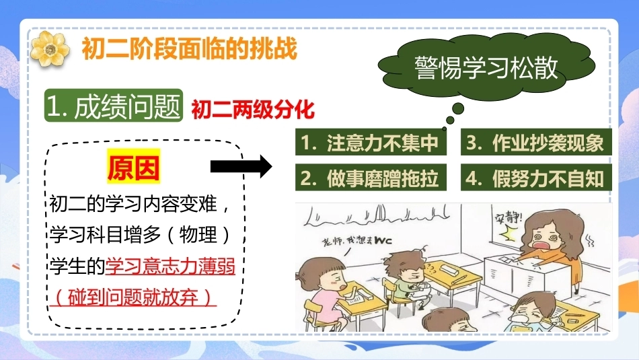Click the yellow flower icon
50,49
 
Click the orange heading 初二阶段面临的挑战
190,48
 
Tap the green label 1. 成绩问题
113,106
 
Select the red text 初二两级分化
253,109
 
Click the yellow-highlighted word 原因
134,167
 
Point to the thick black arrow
241,166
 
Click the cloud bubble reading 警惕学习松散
486,67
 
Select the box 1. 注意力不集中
371,142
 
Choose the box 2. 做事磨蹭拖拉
371,178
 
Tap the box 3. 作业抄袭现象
536,142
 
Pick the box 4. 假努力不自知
536,178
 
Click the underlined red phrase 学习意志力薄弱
170,267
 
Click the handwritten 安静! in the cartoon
508,218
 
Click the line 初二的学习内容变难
134,204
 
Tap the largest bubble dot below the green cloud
458,108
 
